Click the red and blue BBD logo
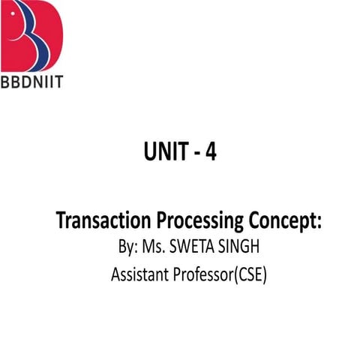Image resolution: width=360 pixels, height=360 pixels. point(33,34)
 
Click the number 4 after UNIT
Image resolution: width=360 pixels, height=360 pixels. point(211,154)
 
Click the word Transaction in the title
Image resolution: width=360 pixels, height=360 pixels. point(104,221)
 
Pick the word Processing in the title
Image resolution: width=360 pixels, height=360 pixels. point(200,223)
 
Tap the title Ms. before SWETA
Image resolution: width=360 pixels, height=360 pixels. point(155,247)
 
